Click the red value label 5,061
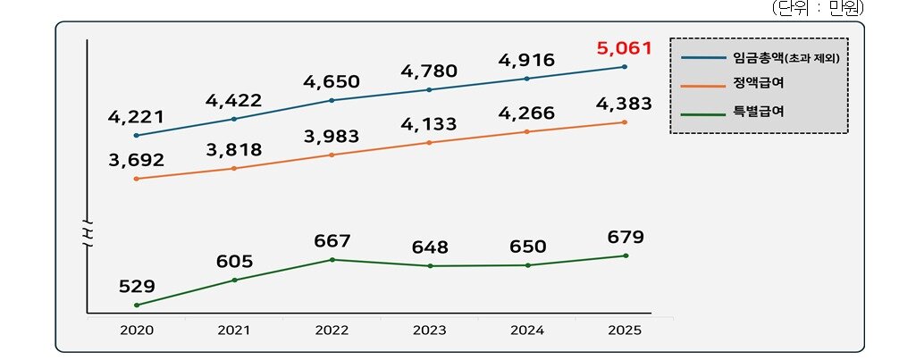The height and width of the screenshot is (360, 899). (x=624, y=47)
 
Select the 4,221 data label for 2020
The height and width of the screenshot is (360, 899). (x=136, y=116)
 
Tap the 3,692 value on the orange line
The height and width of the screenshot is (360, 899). (x=136, y=162)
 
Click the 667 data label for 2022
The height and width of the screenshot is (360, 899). (x=332, y=241)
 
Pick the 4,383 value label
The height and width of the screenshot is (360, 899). (x=624, y=104)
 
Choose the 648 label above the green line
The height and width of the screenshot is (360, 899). (x=430, y=247)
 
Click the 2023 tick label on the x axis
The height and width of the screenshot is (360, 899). (x=430, y=330)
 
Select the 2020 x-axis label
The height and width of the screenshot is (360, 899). (x=136, y=330)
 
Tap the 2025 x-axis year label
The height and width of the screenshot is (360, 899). (x=624, y=330)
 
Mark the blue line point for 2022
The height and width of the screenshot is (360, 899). (x=332, y=100)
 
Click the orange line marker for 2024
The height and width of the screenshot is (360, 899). (x=527, y=132)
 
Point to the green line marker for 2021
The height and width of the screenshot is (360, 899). (x=234, y=280)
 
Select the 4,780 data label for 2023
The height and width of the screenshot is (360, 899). (x=430, y=71)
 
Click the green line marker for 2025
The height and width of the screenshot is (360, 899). (x=625, y=255)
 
